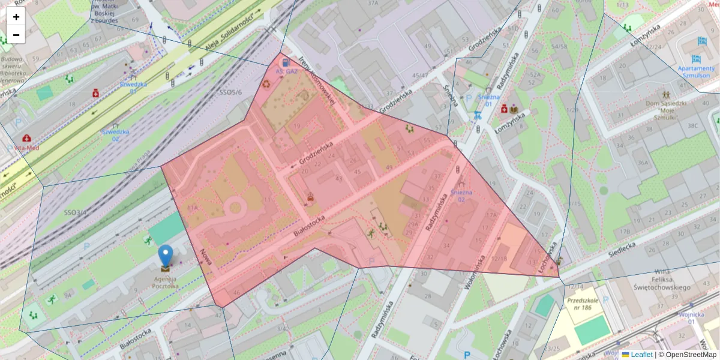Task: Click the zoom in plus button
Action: click(x=16, y=17)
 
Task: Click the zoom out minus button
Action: click(x=16, y=35)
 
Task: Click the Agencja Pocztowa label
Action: click(x=165, y=282)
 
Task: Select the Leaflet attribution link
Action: click(x=641, y=355)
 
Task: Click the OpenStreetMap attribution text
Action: click(x=690, y=355)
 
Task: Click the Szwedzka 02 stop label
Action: click(x=115, y=134)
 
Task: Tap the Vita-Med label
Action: click(x=27, y=147)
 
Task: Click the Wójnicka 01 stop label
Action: click(x=691, y=318)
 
